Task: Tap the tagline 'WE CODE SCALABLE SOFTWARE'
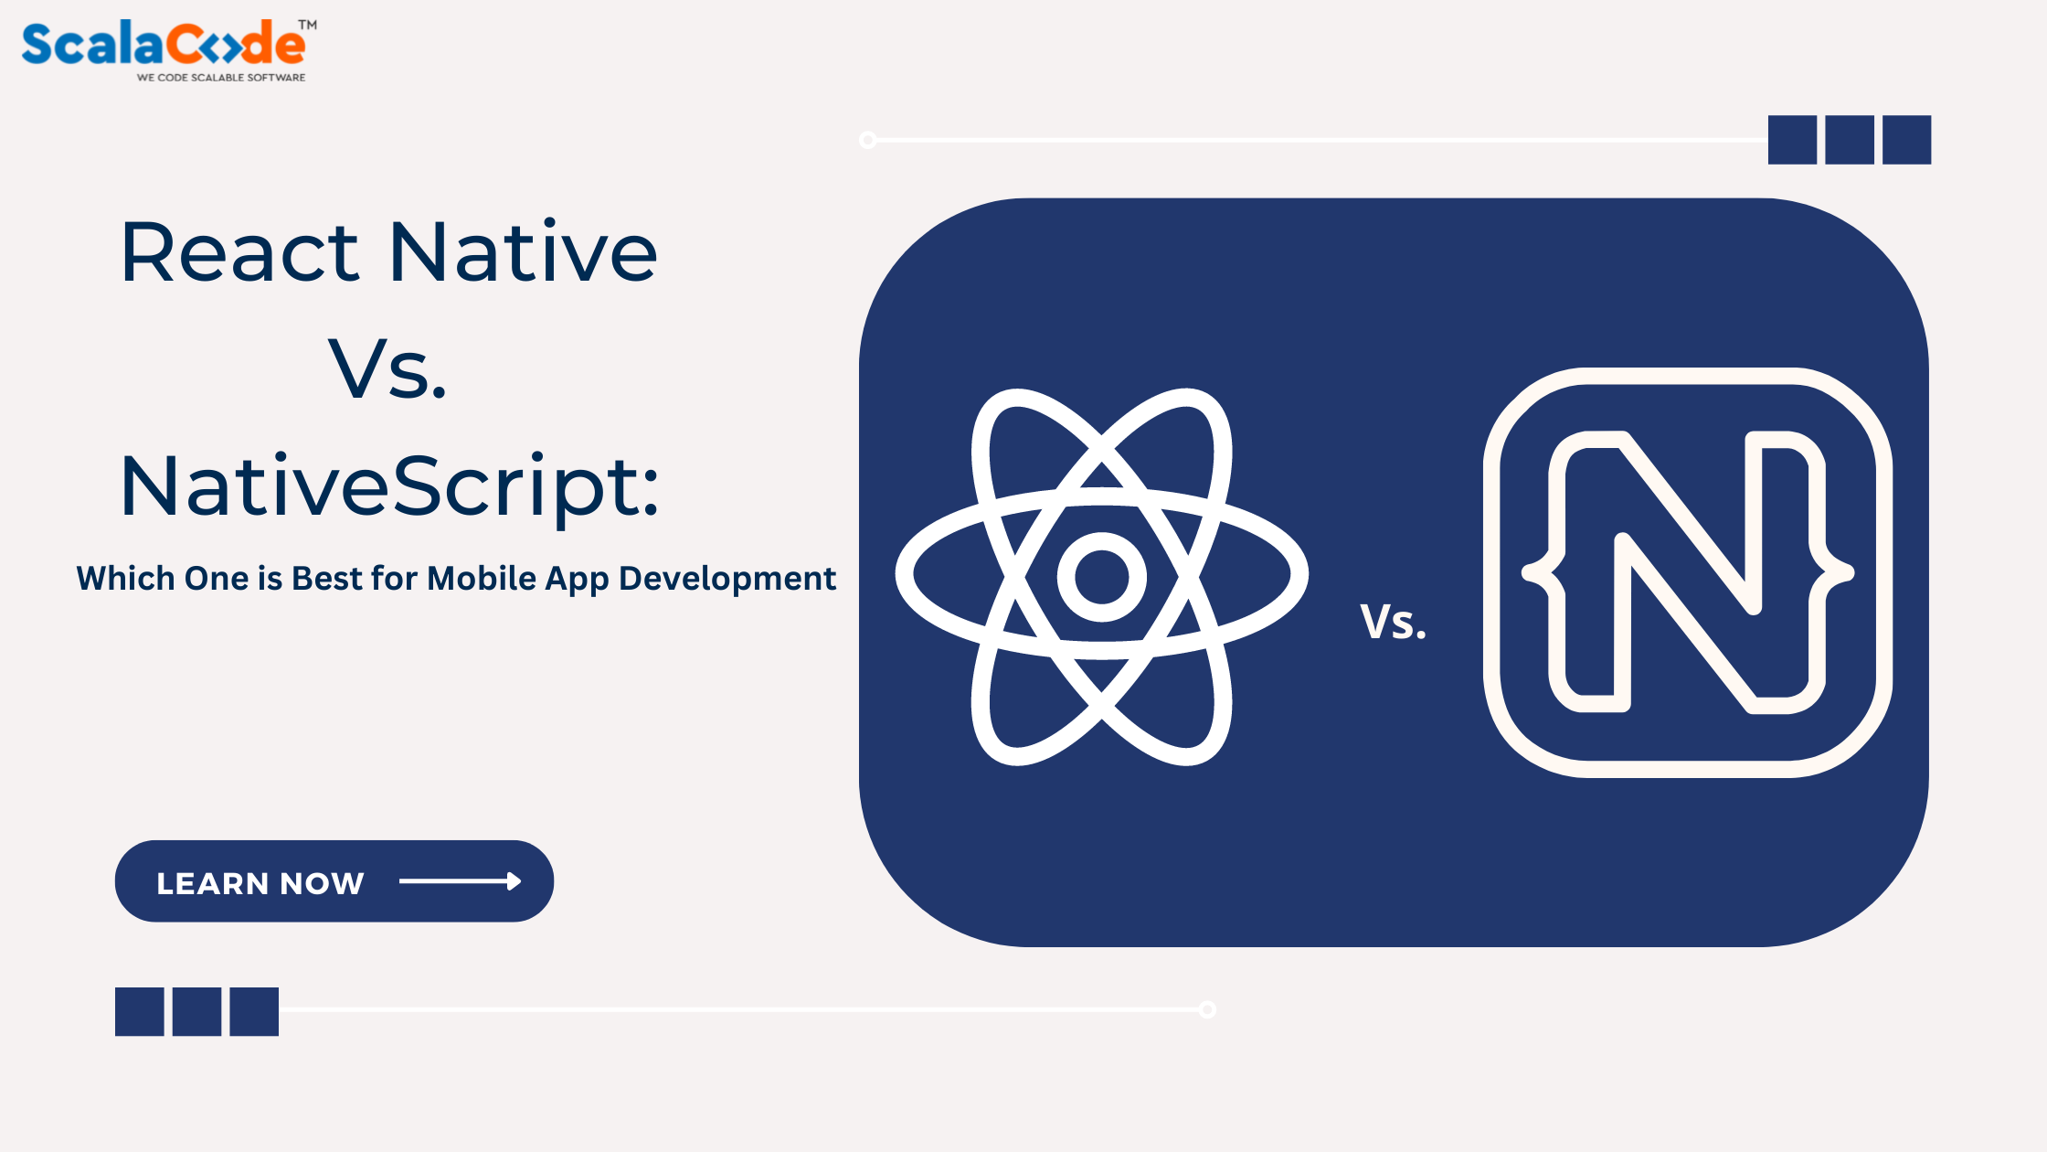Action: [x=221, y=78]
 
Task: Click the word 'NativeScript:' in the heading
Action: [x=389, y=486]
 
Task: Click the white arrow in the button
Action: [x=460, y=881]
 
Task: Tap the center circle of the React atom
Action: [x=1101, y=577]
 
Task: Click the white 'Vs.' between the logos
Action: [x=1393, y=622]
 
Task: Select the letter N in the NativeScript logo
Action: [x=1687, y=571]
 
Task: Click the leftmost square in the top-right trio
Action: [x=1792, y=140]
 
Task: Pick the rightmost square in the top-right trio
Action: [x=1906, y=140]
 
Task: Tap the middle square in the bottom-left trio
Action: [x=196, y=1011]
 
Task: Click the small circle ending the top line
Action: [x=868, y=140]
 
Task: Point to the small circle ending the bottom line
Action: [x=1207, y=1009]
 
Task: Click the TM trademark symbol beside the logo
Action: [x=308, y=25]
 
